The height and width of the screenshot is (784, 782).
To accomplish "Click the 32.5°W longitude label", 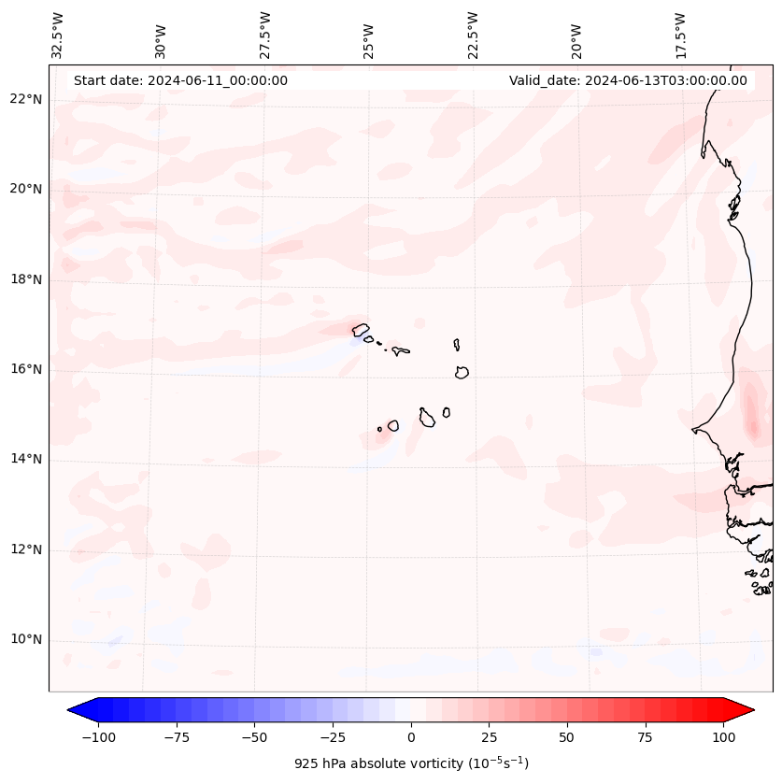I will pos(58,35).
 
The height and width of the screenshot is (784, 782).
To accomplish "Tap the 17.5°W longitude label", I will pos(680,35).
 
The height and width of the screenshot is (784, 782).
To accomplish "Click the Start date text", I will pos(180,80).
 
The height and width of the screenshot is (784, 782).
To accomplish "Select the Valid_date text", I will pos(628,80).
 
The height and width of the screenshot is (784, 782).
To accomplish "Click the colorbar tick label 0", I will pos(411,737).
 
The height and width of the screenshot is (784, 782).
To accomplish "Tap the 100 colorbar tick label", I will pos(723,737).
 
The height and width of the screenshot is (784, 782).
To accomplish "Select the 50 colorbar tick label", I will pos(567,737).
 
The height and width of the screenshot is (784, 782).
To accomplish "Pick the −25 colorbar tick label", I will pos(333,737).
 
